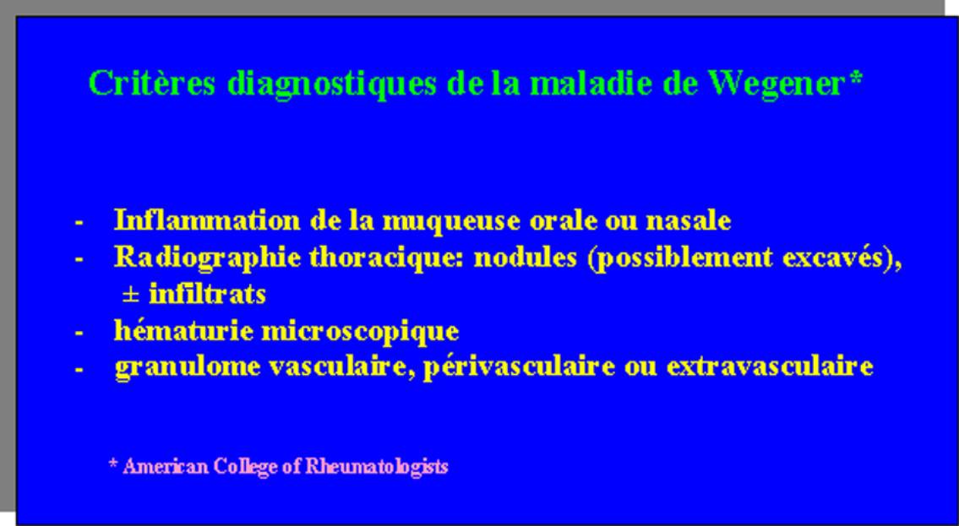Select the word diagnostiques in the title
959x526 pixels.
(x=332, y=84)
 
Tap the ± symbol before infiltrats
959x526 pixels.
(x=130, y=296)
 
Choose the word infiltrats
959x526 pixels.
(x=207, y=294)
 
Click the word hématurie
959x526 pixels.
(x=183, y=330)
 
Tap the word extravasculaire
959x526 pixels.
(x=770, y=366)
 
